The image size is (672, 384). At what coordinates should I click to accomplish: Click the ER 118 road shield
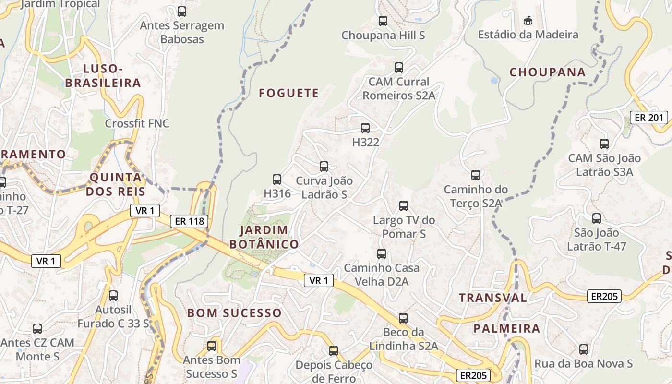coord(189,221)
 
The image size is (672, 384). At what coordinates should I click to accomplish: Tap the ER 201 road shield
coord(648,118)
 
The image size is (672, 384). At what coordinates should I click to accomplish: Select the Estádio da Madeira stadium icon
coord(528,20)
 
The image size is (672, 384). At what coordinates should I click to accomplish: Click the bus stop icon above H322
coord(365,128)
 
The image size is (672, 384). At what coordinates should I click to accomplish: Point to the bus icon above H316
coord(277,180)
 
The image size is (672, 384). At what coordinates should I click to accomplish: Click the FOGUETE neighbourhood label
coord(288,93)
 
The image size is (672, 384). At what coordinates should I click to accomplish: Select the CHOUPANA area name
coord(547,72)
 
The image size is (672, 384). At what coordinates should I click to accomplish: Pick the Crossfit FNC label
coord(137,123)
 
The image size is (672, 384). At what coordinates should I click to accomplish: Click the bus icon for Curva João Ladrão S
coord(324,167)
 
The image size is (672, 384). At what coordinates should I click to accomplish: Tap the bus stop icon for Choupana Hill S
coord(383,21)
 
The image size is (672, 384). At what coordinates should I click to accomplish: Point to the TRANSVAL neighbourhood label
coord(492,298)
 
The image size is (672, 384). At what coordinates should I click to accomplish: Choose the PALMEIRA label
coord(506,329)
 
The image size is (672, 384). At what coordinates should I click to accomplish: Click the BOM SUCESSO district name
coord(234,313)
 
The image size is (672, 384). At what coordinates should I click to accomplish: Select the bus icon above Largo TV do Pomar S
coord(404,206)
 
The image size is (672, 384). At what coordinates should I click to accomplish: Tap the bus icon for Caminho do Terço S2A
coord(475,175)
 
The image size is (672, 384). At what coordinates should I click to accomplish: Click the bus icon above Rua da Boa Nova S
coord(584,349)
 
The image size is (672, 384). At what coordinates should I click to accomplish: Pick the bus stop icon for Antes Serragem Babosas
coord(182,12)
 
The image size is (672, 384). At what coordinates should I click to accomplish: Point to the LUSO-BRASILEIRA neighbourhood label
coord(103,76)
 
